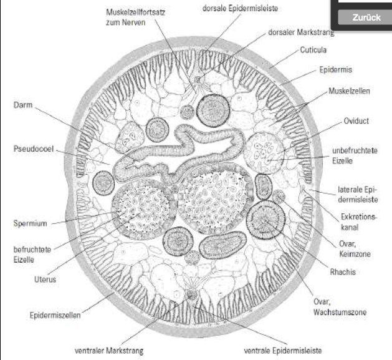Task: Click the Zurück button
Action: pos(366,17)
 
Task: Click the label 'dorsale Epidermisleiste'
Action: pos(240,9)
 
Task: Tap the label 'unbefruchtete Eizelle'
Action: pos(348,155)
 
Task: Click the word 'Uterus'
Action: pos(45,280)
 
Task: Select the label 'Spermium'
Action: pos(30,223)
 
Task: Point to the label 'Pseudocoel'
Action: pos(32,150)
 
